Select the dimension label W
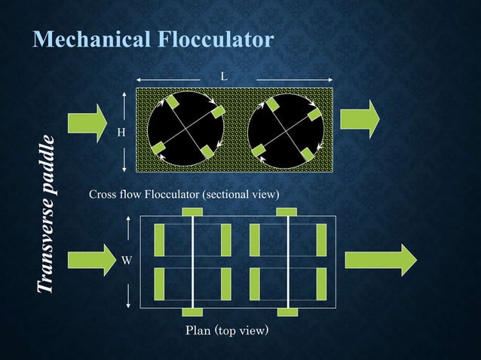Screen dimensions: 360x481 tap(127, 261)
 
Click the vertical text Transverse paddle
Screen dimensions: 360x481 tap(47, 215)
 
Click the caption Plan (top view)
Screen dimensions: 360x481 tap(227, 331)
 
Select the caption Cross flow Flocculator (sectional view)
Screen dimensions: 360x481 tap(185, 196)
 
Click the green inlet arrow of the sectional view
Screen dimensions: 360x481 tap(87, 121)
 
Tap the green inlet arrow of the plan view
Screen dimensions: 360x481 tap(87, 260)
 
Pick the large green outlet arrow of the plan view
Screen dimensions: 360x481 tap(381, 260)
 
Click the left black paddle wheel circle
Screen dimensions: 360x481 tap(185, 128)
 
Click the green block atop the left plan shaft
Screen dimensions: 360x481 tap(193, 212)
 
